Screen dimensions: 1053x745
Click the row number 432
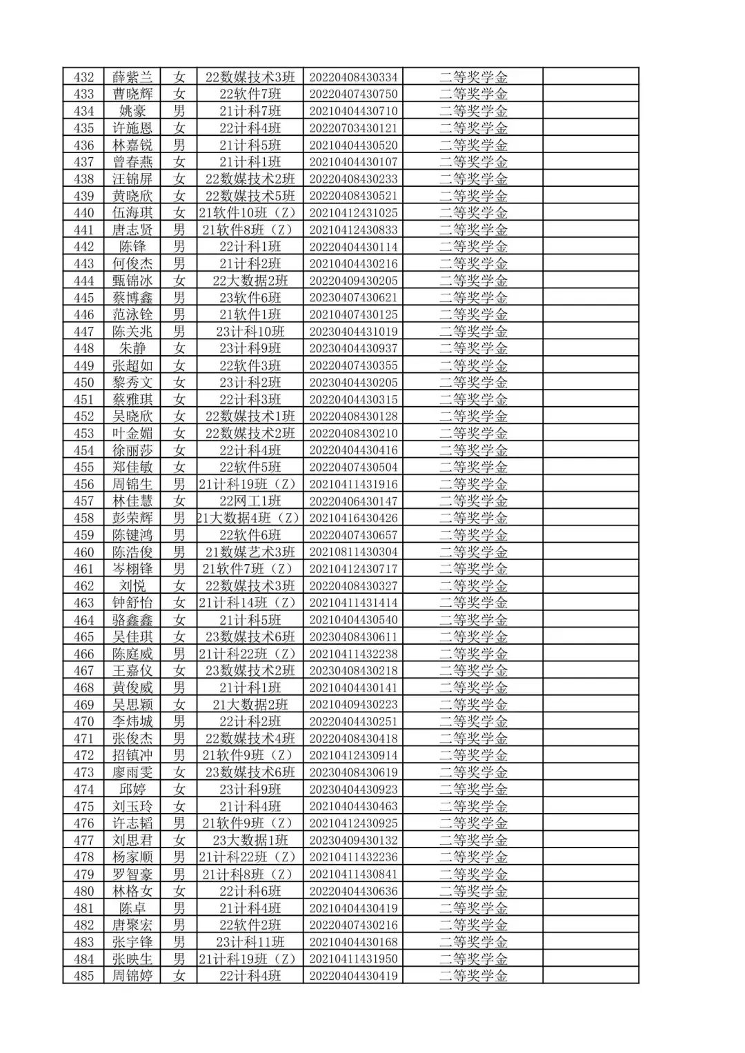[83, 77]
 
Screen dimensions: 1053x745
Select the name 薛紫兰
[132, 77]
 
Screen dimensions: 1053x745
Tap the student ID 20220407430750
[353, 94]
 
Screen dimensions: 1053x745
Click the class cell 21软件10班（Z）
[250, 213]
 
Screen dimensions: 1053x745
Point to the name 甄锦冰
[132, 281]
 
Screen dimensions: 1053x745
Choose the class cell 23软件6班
[250, 298]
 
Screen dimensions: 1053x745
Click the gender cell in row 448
[179, 348]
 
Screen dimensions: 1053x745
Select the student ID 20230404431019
[353, 332]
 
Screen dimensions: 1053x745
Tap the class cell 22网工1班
[250, 501]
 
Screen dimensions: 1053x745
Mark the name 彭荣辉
[132, 518]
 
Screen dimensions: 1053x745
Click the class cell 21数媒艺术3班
[250, 552]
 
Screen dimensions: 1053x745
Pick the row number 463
[83, 603]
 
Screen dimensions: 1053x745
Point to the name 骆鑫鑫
[132, 620]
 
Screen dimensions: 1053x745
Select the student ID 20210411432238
[353, 654]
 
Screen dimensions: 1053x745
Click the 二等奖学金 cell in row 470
[473, 721]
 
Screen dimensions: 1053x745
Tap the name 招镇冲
[132, 755]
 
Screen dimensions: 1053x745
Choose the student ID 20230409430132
[353, 840]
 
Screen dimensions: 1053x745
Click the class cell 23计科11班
[250, 942]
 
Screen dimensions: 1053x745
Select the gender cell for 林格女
[179, 891]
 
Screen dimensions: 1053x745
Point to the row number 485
[83, 976]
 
